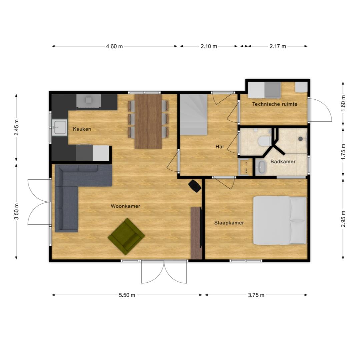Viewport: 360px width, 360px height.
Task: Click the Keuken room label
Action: click(82, 129)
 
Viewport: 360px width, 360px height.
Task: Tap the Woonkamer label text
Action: click(125, 206)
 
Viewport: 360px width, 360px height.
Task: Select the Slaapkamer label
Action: click(229, 223)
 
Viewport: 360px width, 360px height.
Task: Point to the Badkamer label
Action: click(283, 161)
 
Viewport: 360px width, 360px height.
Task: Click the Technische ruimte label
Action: click(275, 104)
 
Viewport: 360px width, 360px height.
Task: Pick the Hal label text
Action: click(219, 146)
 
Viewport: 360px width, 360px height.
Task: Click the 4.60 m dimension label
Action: click(114, 46)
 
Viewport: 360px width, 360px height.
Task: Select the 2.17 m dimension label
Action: click(278, 46)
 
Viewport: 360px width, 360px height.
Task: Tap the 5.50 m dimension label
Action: click(127, 295)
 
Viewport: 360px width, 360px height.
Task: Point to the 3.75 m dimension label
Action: click(256, 295)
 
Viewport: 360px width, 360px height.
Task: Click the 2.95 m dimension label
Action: click(343, 219)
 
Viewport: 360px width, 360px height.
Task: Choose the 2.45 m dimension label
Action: click(16, 127)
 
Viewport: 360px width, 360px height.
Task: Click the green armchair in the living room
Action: click(126, 236)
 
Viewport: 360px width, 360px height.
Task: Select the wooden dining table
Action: click(148, 121)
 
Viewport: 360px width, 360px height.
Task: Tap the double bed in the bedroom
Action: click(280, 220)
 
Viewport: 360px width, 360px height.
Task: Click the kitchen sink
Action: click(59, 127)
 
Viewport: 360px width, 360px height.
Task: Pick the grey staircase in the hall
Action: click(194, 115)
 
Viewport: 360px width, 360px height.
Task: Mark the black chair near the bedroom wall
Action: click(195, 186)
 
